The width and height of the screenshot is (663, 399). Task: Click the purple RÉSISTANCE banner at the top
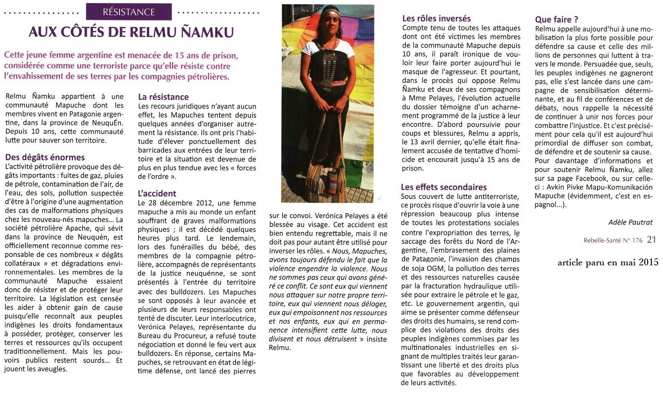point(129,12)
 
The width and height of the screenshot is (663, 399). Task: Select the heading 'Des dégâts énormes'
point(45,157)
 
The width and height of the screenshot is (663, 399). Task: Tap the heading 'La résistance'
point(163,97)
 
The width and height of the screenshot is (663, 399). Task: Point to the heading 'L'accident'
point(157,193)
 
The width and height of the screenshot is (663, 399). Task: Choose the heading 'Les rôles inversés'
point(436,18)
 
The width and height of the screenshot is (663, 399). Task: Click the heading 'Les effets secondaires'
point(444,187)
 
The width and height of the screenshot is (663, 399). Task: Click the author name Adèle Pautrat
point(630,222)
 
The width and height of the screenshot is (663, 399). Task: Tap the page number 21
point(651,240)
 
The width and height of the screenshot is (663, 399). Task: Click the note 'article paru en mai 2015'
point(608,263)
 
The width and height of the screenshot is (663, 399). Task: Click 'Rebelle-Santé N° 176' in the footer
point(613,240)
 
